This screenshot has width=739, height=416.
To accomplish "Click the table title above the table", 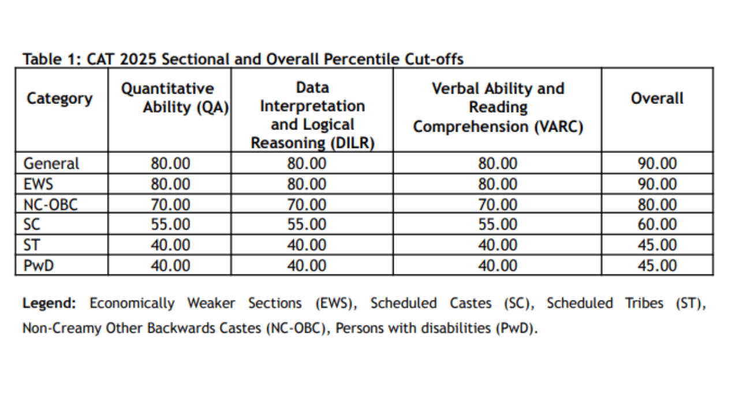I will pos(242,59).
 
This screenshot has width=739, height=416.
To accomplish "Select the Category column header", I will pos(59,98).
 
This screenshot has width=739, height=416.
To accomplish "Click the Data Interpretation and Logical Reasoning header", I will pos(312,116).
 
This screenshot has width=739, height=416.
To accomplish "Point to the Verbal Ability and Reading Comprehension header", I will pos(498,108).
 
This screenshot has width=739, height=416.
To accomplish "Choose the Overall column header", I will pos(657,98).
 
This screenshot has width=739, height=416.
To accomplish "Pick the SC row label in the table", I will pos(32,225).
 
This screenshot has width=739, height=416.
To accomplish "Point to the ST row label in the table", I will pos(32,245).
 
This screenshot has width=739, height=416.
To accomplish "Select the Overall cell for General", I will pos(657,164).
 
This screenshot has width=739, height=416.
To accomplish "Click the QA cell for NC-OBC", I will pos(170,205).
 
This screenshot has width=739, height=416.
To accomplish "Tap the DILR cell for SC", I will pos(307,225).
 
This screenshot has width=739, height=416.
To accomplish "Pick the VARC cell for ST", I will pos(498,245).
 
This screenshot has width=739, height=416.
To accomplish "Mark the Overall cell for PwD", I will pos(657,266).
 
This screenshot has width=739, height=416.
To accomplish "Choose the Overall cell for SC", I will pos(657,225).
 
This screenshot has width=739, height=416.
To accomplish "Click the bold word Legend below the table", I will pos(49,303).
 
